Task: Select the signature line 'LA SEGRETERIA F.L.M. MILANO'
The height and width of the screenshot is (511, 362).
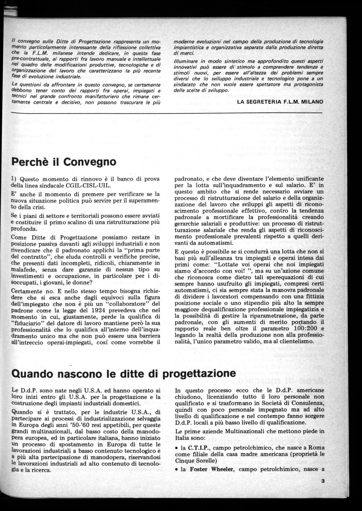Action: pos(280,102)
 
